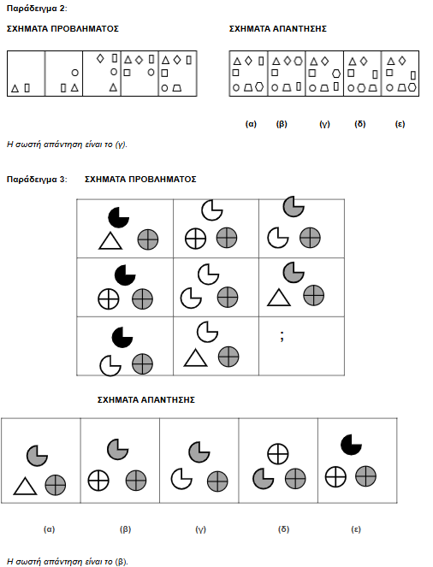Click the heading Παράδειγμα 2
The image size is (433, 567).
pyautogui.click(x=37, y=9)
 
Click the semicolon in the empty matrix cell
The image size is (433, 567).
pyautogui.click(x=282, y=336)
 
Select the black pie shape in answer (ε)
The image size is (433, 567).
pyautogui.click(x=351, y=445)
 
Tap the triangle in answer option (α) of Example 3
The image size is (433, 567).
pyautogui.click(x=25, y=487)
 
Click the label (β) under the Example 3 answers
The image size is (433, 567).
pyautogui.click(x=125, y=529)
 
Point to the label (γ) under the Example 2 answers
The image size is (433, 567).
pyautogui.click(x=325, y=124)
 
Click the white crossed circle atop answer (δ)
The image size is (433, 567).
pyautogui.click(x=278, y=454)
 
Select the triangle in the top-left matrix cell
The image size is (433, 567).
pyautogui.click(x=110, y=241)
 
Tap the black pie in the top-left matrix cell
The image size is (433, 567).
pyautogui.click(x=119, y=217)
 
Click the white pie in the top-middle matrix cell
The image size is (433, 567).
pyautogui.click(x=212, y=210)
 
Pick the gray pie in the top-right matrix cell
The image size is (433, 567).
pyautogui.click(x=294, y=206)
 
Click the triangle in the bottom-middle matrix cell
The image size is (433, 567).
pyautogui.click(x=196, y=358)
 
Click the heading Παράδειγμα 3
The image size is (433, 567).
pyautogui.click(x=37, y=180)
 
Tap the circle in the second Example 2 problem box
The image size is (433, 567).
pyautogui.click(x=75, y=73)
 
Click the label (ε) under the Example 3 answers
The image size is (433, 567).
pyautogui.click(x=356, y=529)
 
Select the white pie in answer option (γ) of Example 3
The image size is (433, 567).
pyautogui.click(x=181, y=479)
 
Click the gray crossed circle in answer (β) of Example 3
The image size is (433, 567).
pyautogui.click(x=136, y=481)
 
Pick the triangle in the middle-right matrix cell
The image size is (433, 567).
pyautogui.click(x=279, y=298)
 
